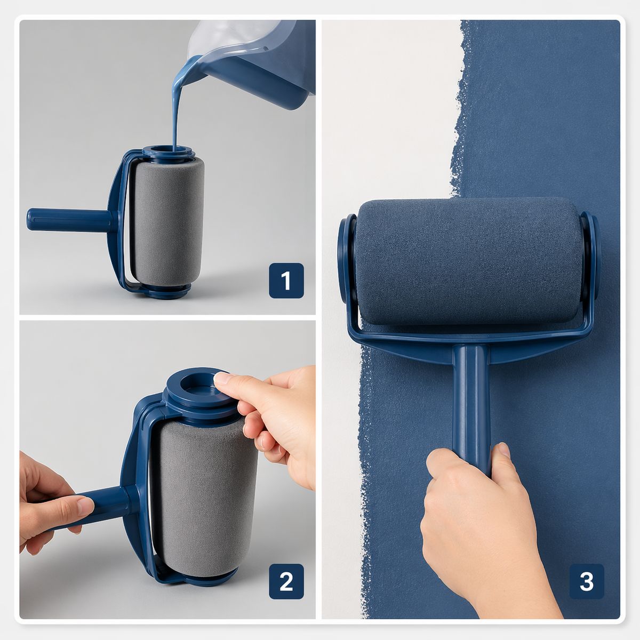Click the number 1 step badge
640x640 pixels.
(286, 281)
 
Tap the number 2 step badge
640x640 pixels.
(286, 581)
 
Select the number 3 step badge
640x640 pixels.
(586, 581)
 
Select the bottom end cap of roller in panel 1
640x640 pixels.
(166, 291)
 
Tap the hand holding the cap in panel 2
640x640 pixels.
(277, 421)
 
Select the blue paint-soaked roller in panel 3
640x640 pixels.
(467, 261)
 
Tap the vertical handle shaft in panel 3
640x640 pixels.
(471, 395)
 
